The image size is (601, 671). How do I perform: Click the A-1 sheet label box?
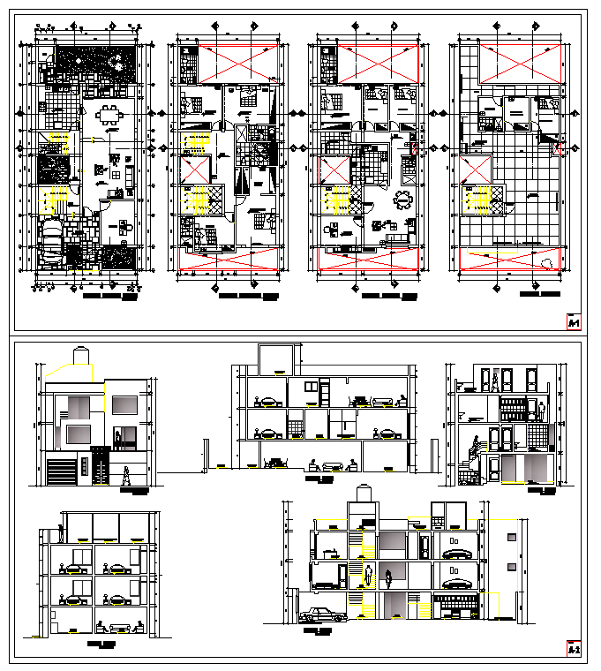coord(574,322)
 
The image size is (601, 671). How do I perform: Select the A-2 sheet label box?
coord(574,649)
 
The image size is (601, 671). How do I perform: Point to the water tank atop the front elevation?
coord(82,355)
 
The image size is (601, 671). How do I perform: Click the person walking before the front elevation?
coord(126,476)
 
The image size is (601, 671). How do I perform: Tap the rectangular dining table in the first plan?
coord(110,113)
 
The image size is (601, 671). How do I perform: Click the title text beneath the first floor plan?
coord(109,298)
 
